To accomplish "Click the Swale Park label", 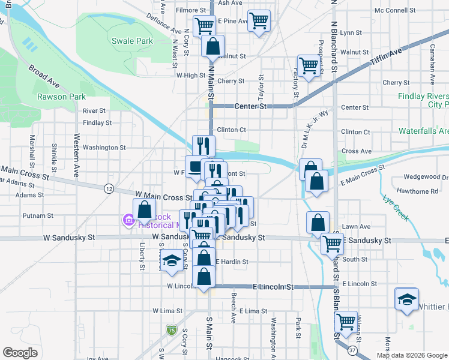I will [132, 41].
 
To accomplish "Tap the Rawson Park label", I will [61, 97].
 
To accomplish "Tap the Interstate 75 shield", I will [172, 329].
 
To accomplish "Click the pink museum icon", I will [128, 221].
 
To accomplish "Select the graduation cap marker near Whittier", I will [407, 299].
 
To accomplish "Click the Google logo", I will [20, 352].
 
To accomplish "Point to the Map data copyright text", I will [411, 355].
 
